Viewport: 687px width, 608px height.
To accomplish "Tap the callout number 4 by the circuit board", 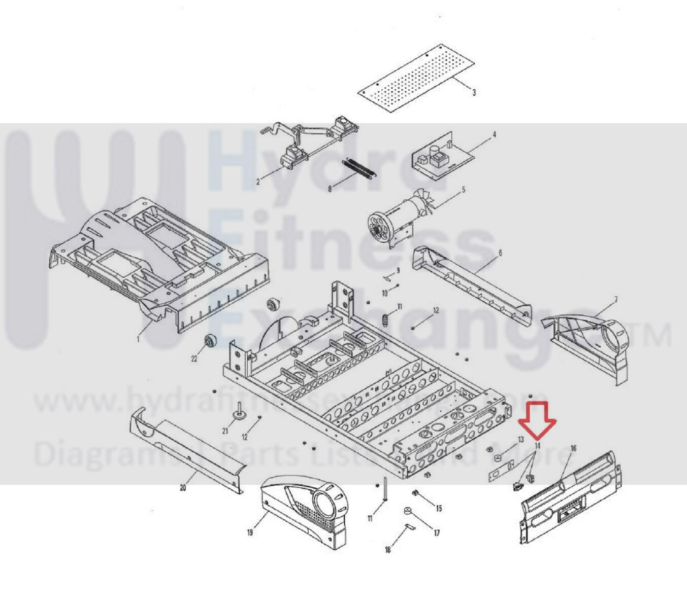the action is pyautogui.click(x=494, y=135).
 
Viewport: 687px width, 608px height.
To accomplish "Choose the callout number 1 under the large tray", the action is pyautogui.click(x=138, y=339).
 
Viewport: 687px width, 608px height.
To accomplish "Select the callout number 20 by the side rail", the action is pyautogui.click(x=183, y=488).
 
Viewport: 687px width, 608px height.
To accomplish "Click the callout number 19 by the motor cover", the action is pyautogui.click(x=250, y=532).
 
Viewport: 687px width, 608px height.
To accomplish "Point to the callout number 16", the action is pyautogui.click(x=573, y=448).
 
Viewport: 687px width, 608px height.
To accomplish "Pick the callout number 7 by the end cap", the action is pyautogui.click(x=615, y=300).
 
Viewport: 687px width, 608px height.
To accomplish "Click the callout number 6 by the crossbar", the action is pyautogui.click(x=500, y=253).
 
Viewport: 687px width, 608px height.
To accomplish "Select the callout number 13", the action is pyautogui.click(x=520, y=439).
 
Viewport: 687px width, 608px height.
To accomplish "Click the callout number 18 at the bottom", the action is pyautogui.click(x=388, y=550).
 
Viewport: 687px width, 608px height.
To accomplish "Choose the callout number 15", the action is pyautogui.click(x=439, y=508).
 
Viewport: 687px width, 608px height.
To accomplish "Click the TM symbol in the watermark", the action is pyautogui.click(x=655, y=336).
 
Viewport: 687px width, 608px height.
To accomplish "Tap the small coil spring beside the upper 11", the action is pyautogui.click(x=385, y=319).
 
